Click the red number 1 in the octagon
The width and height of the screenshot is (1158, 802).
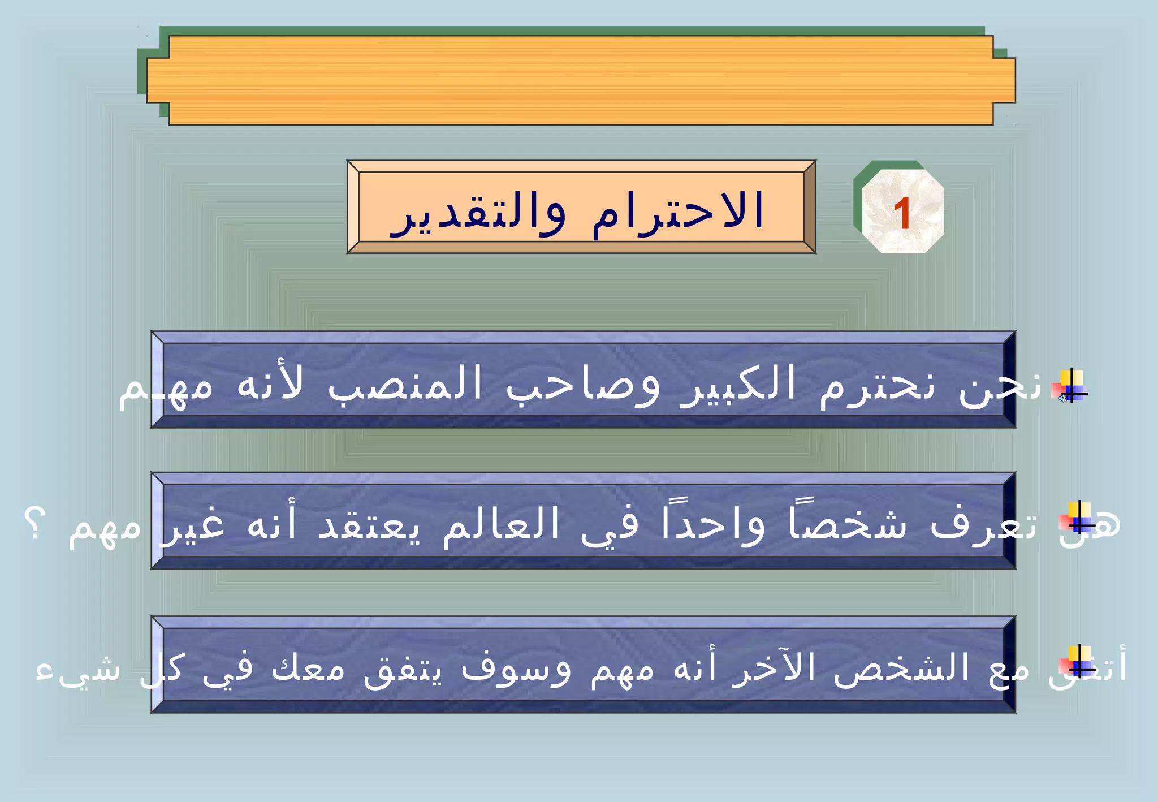[x=902, y=214]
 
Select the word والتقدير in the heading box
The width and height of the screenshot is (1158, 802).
[x=478, y=213]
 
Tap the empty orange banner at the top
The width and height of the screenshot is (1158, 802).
[x=581, y=80]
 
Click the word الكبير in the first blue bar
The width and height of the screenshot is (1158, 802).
[x=738, y=385]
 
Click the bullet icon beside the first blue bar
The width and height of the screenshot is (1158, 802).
[x=1070, y=386]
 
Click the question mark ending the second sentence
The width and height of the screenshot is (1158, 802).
[x=34, y=524]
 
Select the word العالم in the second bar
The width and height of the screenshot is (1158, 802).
[x=500, y=525]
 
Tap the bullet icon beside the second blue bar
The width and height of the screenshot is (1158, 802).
[x=1078, y=518]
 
